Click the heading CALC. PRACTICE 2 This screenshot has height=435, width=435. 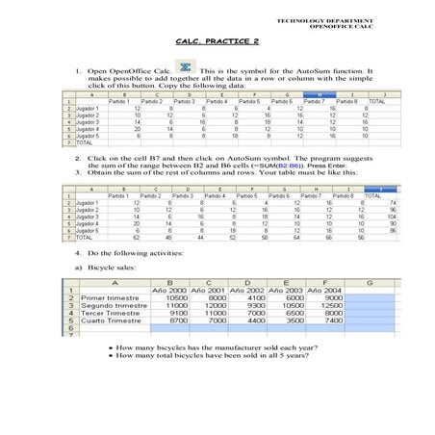tap(217, 42)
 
